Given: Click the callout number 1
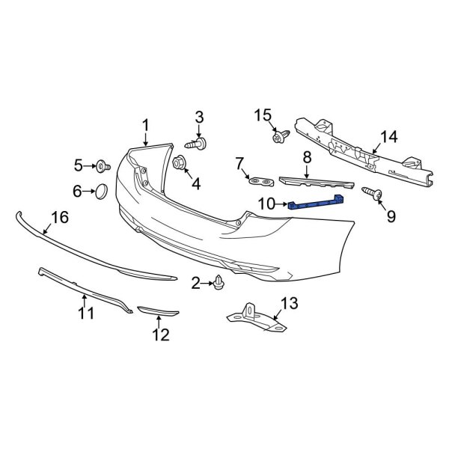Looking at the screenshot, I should pos(146,126).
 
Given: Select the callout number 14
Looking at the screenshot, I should pos(390,137).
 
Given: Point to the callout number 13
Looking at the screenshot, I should pos(288,303).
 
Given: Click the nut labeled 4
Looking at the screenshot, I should pos(180,162).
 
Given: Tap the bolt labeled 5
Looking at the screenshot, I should pos(101,165).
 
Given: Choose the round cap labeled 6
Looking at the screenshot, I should pos(100,192).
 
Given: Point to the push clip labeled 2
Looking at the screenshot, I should pos(219,282).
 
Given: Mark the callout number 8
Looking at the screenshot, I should pos(306,158).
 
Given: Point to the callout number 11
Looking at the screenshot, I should pos(86,311).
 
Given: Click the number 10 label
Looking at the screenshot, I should pos(267,203).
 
